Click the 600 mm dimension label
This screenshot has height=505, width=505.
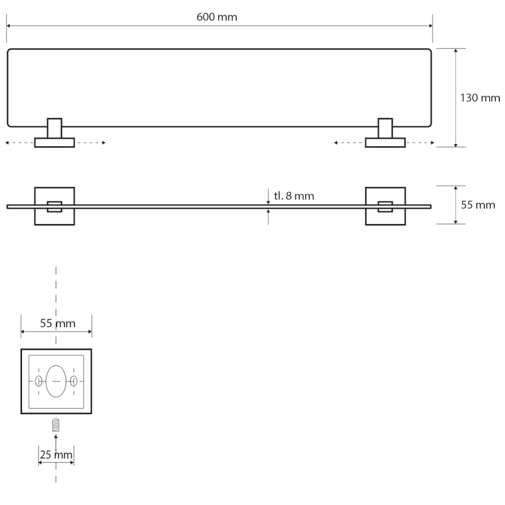[x=217, y=17]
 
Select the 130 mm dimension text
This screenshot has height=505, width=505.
[x=480, y=98]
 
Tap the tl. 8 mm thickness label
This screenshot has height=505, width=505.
[x=293, y=196]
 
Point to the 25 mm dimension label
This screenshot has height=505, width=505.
[x=56, y=454]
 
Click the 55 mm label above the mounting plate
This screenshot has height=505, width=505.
[x=58, y=323]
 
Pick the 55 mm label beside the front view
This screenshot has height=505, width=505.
[x=478, y=205]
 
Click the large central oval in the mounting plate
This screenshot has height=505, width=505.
[x=56, y=381]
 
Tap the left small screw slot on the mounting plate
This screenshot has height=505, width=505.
[x=39, y=381]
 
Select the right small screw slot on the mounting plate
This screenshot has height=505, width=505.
[x=74, y=381]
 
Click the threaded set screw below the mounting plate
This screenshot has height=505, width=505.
[x=56, y=425]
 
